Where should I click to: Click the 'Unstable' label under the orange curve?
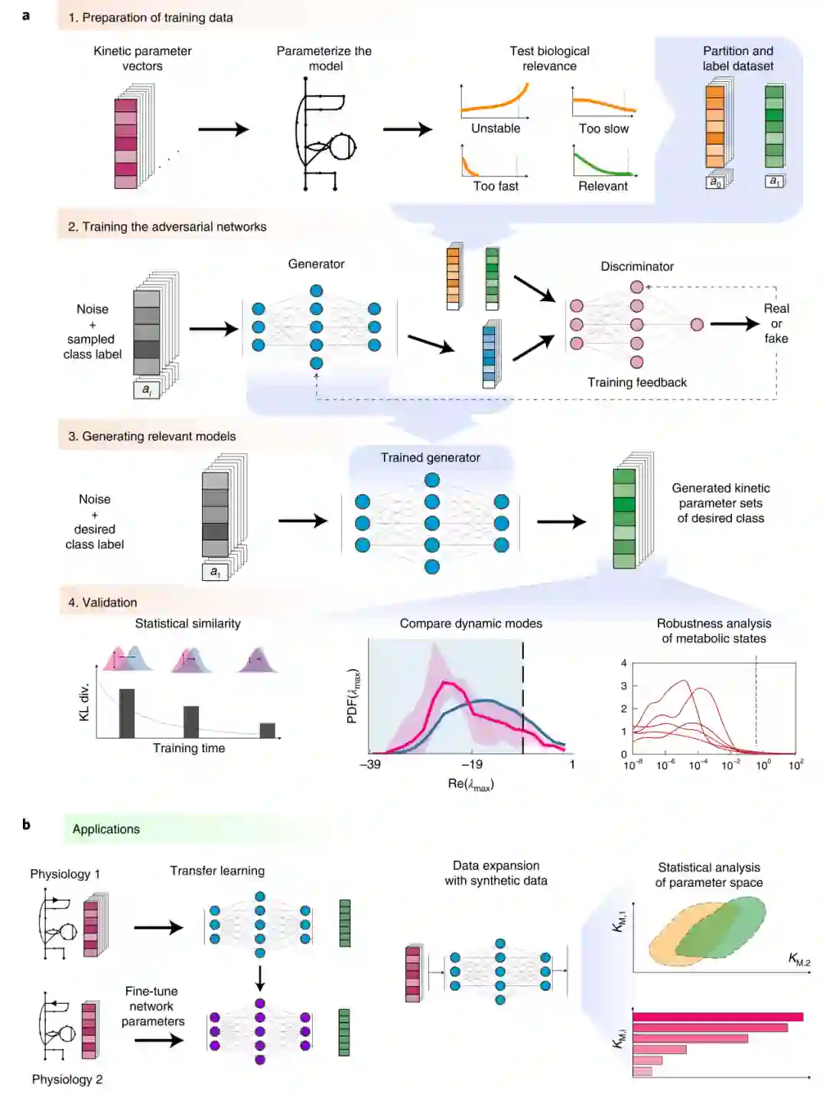496,128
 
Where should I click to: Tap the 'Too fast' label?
496,186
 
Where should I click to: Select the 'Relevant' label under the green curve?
603,186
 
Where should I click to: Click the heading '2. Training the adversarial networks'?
167,226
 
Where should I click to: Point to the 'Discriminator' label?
637,266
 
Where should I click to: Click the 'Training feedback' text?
637,382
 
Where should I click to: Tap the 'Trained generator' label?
431,457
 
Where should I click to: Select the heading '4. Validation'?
102,602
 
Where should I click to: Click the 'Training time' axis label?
189,748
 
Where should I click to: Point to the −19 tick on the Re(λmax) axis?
472,764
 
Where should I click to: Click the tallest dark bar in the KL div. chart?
127,713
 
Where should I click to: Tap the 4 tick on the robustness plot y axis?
624,663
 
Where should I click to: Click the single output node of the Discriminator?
697,325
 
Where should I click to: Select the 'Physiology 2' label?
67,1079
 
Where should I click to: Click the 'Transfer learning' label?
217,871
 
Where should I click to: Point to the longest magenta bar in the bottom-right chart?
717,1017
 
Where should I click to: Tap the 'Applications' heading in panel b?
106,829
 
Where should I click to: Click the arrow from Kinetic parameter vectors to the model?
223,129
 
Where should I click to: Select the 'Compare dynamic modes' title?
471,624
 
